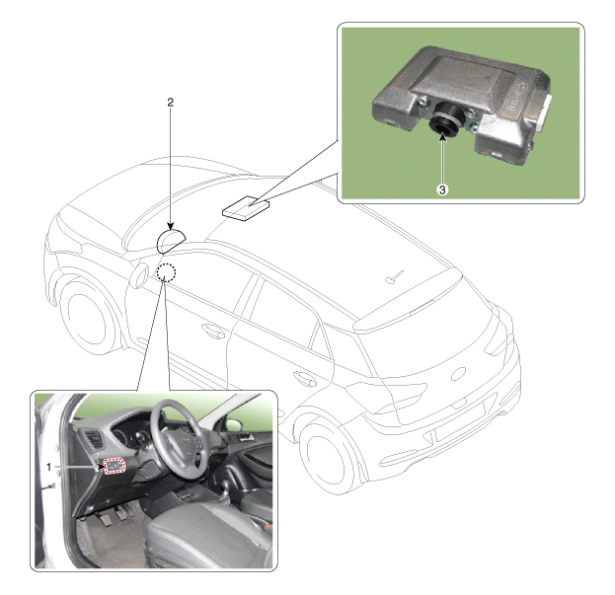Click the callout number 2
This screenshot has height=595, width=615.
click(170, 103)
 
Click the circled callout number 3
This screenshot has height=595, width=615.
click(442, 190)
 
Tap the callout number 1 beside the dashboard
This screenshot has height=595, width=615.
click(49, 468)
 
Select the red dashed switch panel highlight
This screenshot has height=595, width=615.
click(115, 466)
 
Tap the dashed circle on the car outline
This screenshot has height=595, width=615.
click(166, 272)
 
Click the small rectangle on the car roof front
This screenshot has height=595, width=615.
click(246, 208)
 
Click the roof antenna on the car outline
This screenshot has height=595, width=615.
click(394, 276)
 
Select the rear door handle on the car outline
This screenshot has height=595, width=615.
click(305, 379)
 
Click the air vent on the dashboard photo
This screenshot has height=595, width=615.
click(94, 440)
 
